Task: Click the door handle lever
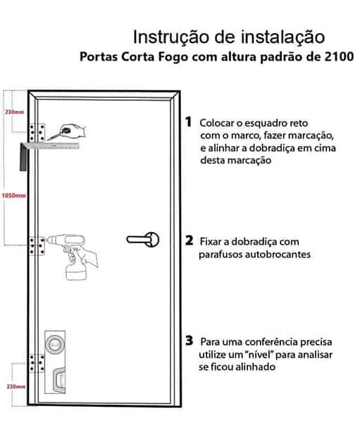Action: tap(137, 239)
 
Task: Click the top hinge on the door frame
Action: tap(37, 133)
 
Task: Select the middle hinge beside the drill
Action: tap(37, 246)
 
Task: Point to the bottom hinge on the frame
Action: tap(37, 363)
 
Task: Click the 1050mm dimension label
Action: tap(14, 195)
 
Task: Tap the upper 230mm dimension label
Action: tap(15, 111)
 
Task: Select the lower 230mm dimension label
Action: tap(16, 386)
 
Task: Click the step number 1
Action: tap(189, 122)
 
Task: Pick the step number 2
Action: tap(190, 240)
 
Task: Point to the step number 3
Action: tap(190, 341)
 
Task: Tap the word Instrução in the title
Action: tap(171, 37)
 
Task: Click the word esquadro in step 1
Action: tap(261, 124)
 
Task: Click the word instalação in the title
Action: tap(283, 37)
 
